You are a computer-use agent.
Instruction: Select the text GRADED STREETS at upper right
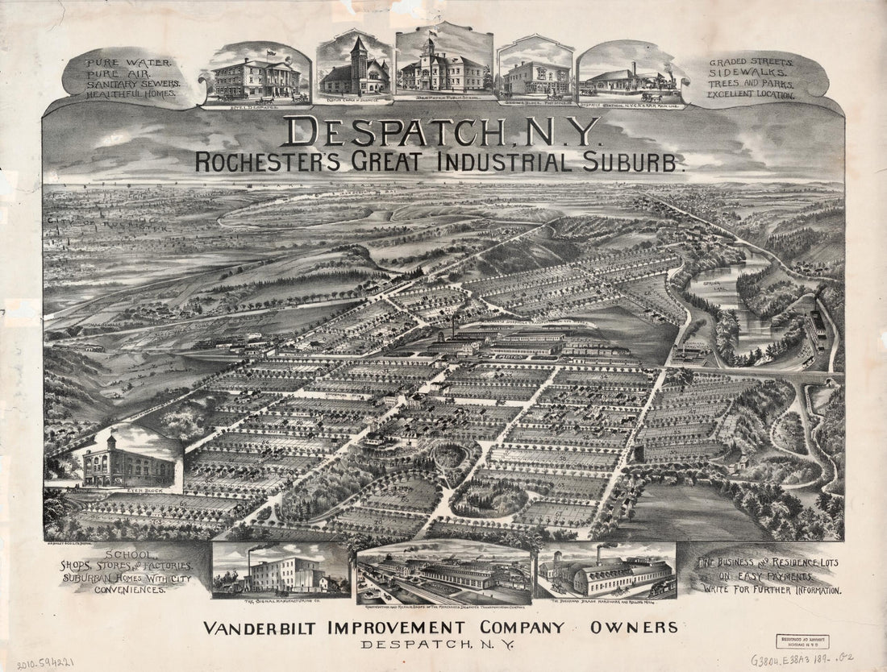tap(752, 62)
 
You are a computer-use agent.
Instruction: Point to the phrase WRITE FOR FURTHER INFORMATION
tap(772, 590)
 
